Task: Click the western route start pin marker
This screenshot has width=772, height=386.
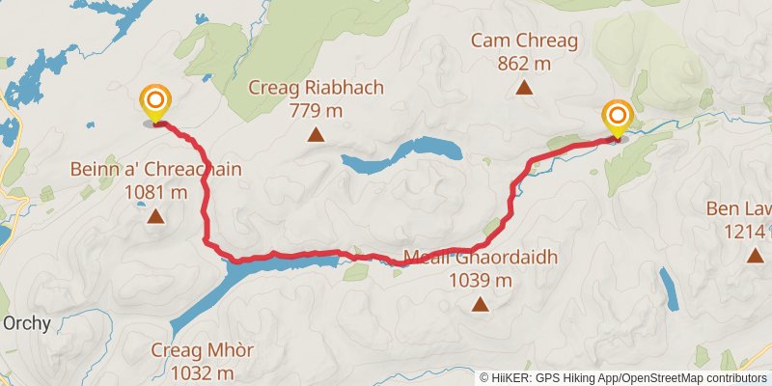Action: click(x=155, y=103)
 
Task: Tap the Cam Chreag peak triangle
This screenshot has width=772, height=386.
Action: click(x=524, y=88)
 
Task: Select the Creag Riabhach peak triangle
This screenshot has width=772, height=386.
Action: click(x=316, y=134)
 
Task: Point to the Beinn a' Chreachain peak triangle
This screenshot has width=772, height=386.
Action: click(x=155, y=215)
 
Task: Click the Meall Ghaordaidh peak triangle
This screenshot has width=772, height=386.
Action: click(x=480, y=305)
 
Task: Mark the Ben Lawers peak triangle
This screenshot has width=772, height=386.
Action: click(x=755, y=255)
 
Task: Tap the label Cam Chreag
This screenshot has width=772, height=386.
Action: click(x=524, y=41)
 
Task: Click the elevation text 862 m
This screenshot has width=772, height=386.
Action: click(x=524, y=63)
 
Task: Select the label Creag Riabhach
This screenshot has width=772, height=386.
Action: click(x=316, y=88)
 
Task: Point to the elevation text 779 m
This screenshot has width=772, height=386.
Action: click(x=316, y=110)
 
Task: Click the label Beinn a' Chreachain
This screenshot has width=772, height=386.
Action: click(x=155, y=169)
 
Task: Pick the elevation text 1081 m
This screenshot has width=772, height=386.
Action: click(x=155, y=191)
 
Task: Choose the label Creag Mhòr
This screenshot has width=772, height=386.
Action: click(x=202, y=349)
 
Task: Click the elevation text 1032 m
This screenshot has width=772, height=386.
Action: click(x=202, y=372)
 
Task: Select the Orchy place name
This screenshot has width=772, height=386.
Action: click(x=25, y=323)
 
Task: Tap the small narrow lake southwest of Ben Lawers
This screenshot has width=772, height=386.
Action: click(x=668, y=288)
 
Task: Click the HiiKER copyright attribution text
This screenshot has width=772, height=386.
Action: click(x=623, y=377)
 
